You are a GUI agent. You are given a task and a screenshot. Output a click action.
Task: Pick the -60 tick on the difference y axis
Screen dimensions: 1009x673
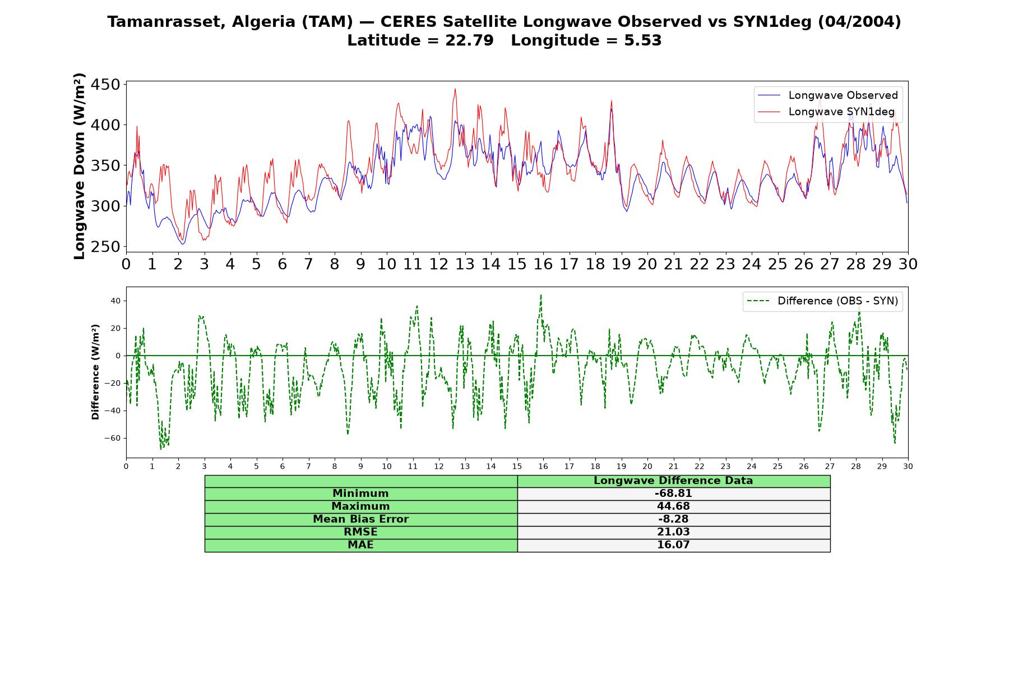[112, 438]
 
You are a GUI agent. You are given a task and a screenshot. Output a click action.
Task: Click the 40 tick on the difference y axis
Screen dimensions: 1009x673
[115, 301]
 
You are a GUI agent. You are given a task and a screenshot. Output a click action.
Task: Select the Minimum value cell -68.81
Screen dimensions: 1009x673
[673, 494]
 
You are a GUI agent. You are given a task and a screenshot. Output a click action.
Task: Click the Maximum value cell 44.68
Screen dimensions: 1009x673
[673, 506]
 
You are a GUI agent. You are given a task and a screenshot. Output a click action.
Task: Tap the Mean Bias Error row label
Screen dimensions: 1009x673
[360, 519]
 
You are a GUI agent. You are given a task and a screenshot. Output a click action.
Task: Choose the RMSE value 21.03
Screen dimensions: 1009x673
[673, 532]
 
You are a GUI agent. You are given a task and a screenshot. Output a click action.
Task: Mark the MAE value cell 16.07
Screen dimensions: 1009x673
[673, 545]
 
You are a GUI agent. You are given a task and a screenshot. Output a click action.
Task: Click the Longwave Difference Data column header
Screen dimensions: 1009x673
[673, 481]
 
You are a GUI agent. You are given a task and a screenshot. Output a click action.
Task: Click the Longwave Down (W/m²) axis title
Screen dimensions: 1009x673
[80, 166]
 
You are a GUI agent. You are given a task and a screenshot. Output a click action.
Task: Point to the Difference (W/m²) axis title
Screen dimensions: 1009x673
[95, 372]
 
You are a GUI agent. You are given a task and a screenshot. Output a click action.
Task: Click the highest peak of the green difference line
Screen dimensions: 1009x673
[541, 294]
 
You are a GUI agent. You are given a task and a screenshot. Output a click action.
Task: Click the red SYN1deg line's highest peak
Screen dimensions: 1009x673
[455, 89]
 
